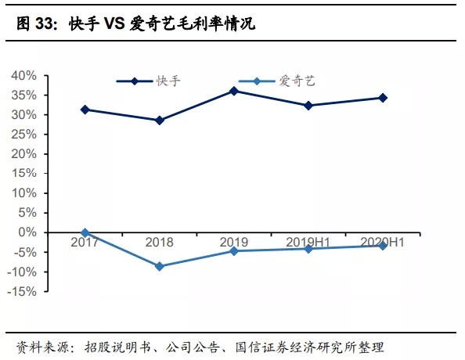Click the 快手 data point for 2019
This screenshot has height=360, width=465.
tap(234, 91)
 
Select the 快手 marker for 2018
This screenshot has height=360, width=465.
tap(160, 121)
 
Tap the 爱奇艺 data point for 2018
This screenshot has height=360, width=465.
tap(160, 266)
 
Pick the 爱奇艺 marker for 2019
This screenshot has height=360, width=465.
tap(234, 250)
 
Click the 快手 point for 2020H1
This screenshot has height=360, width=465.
tap(383, 98)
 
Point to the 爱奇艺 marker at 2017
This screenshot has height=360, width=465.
tap(85, 232)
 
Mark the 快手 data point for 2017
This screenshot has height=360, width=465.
tap(85, 110)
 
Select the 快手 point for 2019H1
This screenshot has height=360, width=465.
tap(308, 105)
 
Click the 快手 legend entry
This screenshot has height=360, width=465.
tap(149, 81)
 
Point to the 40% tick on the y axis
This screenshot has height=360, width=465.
tap(24, 76)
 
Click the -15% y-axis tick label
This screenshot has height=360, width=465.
tap(23, 291)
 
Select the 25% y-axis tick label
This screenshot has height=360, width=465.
tap(24, 135)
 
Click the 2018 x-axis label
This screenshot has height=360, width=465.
tap(160, 243)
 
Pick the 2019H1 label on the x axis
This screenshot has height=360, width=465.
tap(308, 243)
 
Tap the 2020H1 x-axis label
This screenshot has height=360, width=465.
tap(383, 243)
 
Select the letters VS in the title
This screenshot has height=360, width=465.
tap(113, 25)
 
